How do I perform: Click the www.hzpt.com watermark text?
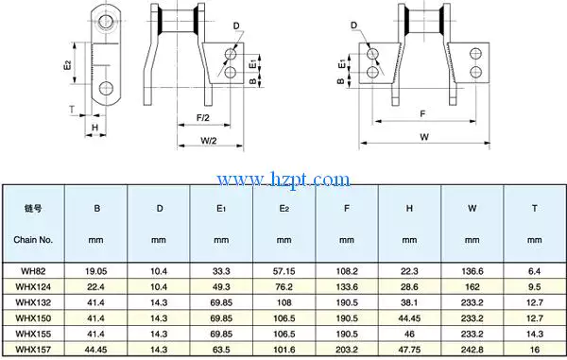coord(283,179)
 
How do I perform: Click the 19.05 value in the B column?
coord(96,269)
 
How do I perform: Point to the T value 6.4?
coord(534,269)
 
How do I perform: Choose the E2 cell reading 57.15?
coord(284,269)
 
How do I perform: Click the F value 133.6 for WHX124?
coord(347,285)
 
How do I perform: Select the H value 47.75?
coord(409,350)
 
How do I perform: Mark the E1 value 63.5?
coord(222,350)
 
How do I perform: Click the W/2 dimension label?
coord(210,141)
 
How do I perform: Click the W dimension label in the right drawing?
coord(424,137)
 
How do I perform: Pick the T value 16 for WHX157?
coord(534,350)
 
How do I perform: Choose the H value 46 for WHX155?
coord(409,334)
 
